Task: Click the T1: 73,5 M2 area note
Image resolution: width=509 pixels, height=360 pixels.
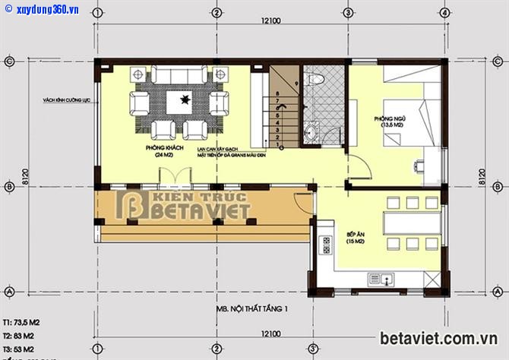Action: (x=21, y=322)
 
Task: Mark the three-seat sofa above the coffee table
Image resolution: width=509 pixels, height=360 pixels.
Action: (x=180, y=76)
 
